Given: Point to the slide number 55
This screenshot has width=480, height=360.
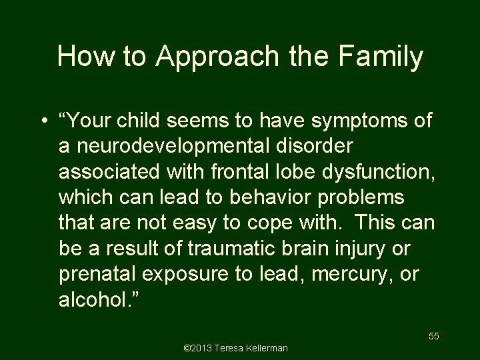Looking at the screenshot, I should pyautogui.click(x=433, y=336).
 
